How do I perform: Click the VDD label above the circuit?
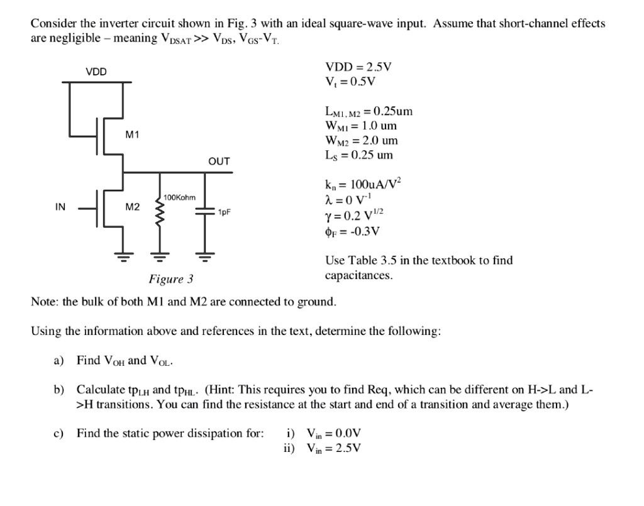tap(96, 72)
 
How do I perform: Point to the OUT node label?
tap(219, 162)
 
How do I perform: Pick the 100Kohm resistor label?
tap(179, 197)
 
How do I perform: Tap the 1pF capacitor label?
tap(225, 212)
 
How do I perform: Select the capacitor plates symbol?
tap(203, 213)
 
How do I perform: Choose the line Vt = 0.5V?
tap(350, 82)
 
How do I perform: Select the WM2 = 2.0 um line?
tap(361, 140)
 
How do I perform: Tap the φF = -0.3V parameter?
tap(352, 231)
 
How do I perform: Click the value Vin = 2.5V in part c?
tap(333, 448)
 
